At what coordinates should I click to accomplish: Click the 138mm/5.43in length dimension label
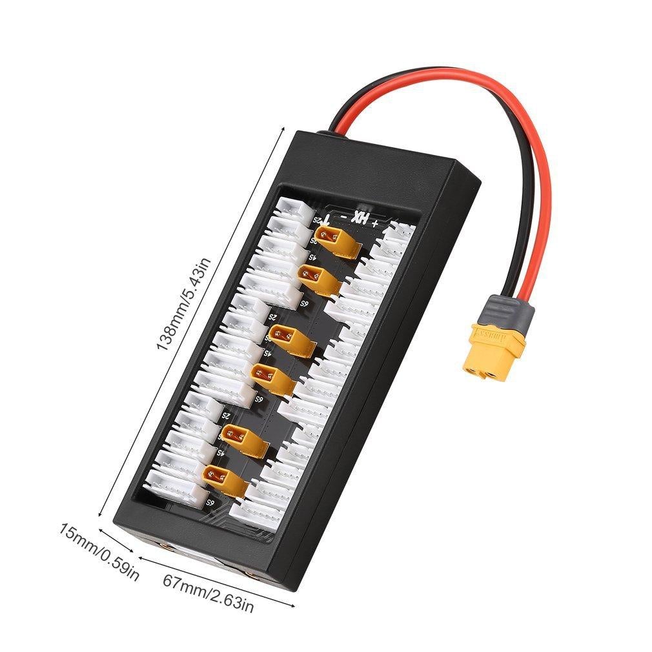(x=183, y=303)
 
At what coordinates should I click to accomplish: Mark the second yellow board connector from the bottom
(x=243, y=440)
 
